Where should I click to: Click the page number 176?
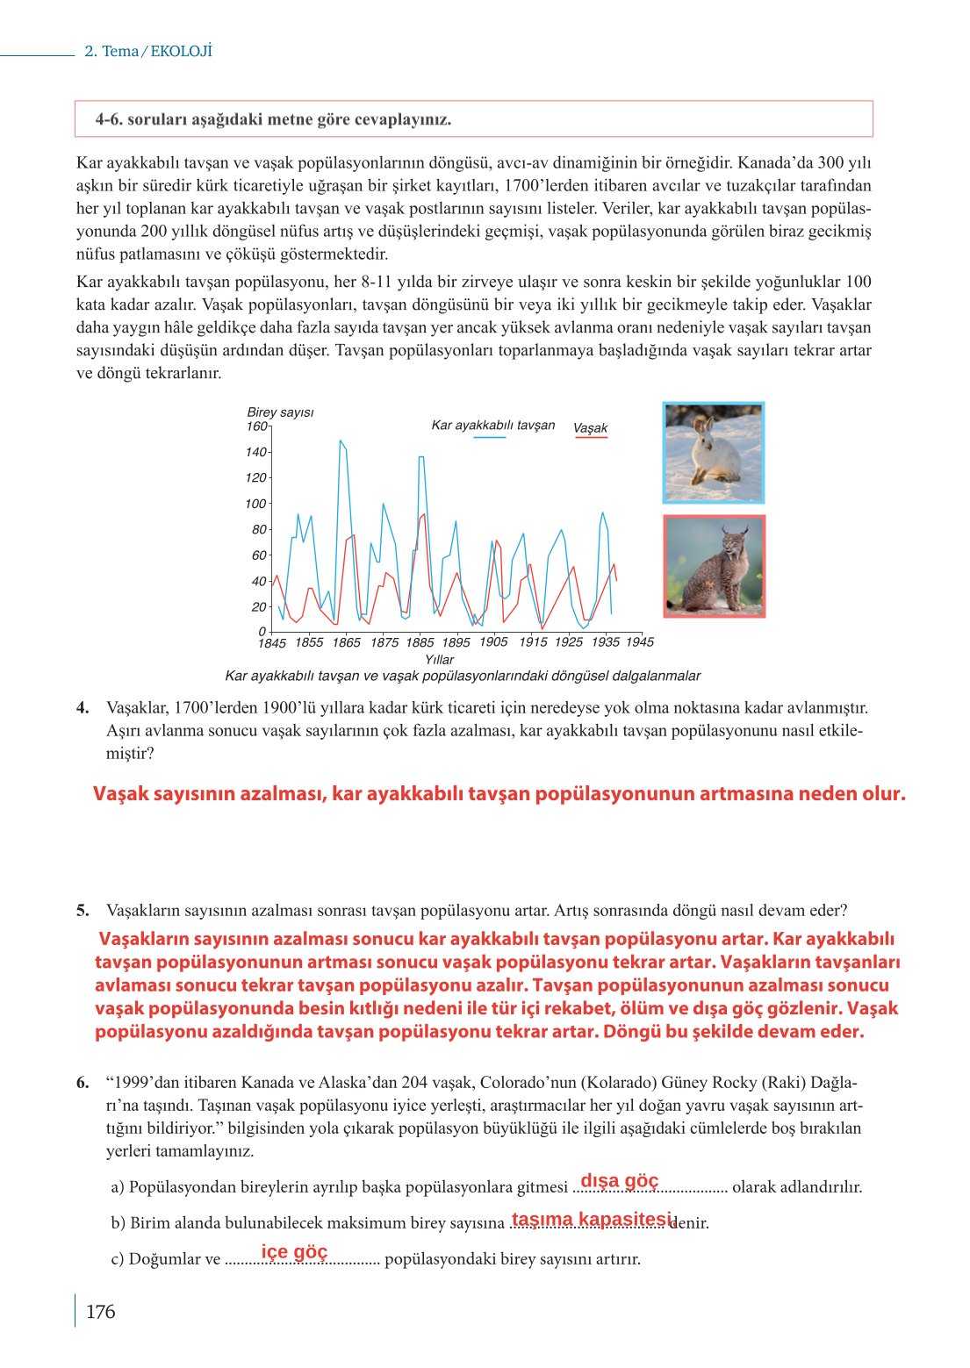click(100, 1312)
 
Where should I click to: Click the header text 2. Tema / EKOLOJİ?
click(147, 52)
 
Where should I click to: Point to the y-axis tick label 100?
click(255, 504)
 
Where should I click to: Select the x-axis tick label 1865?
click(346, 642)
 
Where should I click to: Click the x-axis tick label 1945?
click(639, 641)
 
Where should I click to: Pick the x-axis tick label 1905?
click(493, 641)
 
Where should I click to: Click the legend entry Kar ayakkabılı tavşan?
click(492, 426)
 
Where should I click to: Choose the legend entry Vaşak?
click(590, 428)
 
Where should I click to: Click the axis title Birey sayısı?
click(280, 412)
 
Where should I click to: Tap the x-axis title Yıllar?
click(439, 659)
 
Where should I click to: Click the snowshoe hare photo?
click(714, 453)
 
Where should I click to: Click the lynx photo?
click(714, 566)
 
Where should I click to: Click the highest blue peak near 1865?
click(340, 440)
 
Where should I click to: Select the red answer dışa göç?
click(619, 1181)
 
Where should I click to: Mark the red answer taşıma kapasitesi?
click(591, 1219)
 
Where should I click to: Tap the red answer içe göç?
click(294, 1252)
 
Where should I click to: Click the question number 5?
click(83, 910)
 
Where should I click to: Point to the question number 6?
click(83, 1082)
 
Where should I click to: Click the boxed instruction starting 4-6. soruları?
click(273, 119)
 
